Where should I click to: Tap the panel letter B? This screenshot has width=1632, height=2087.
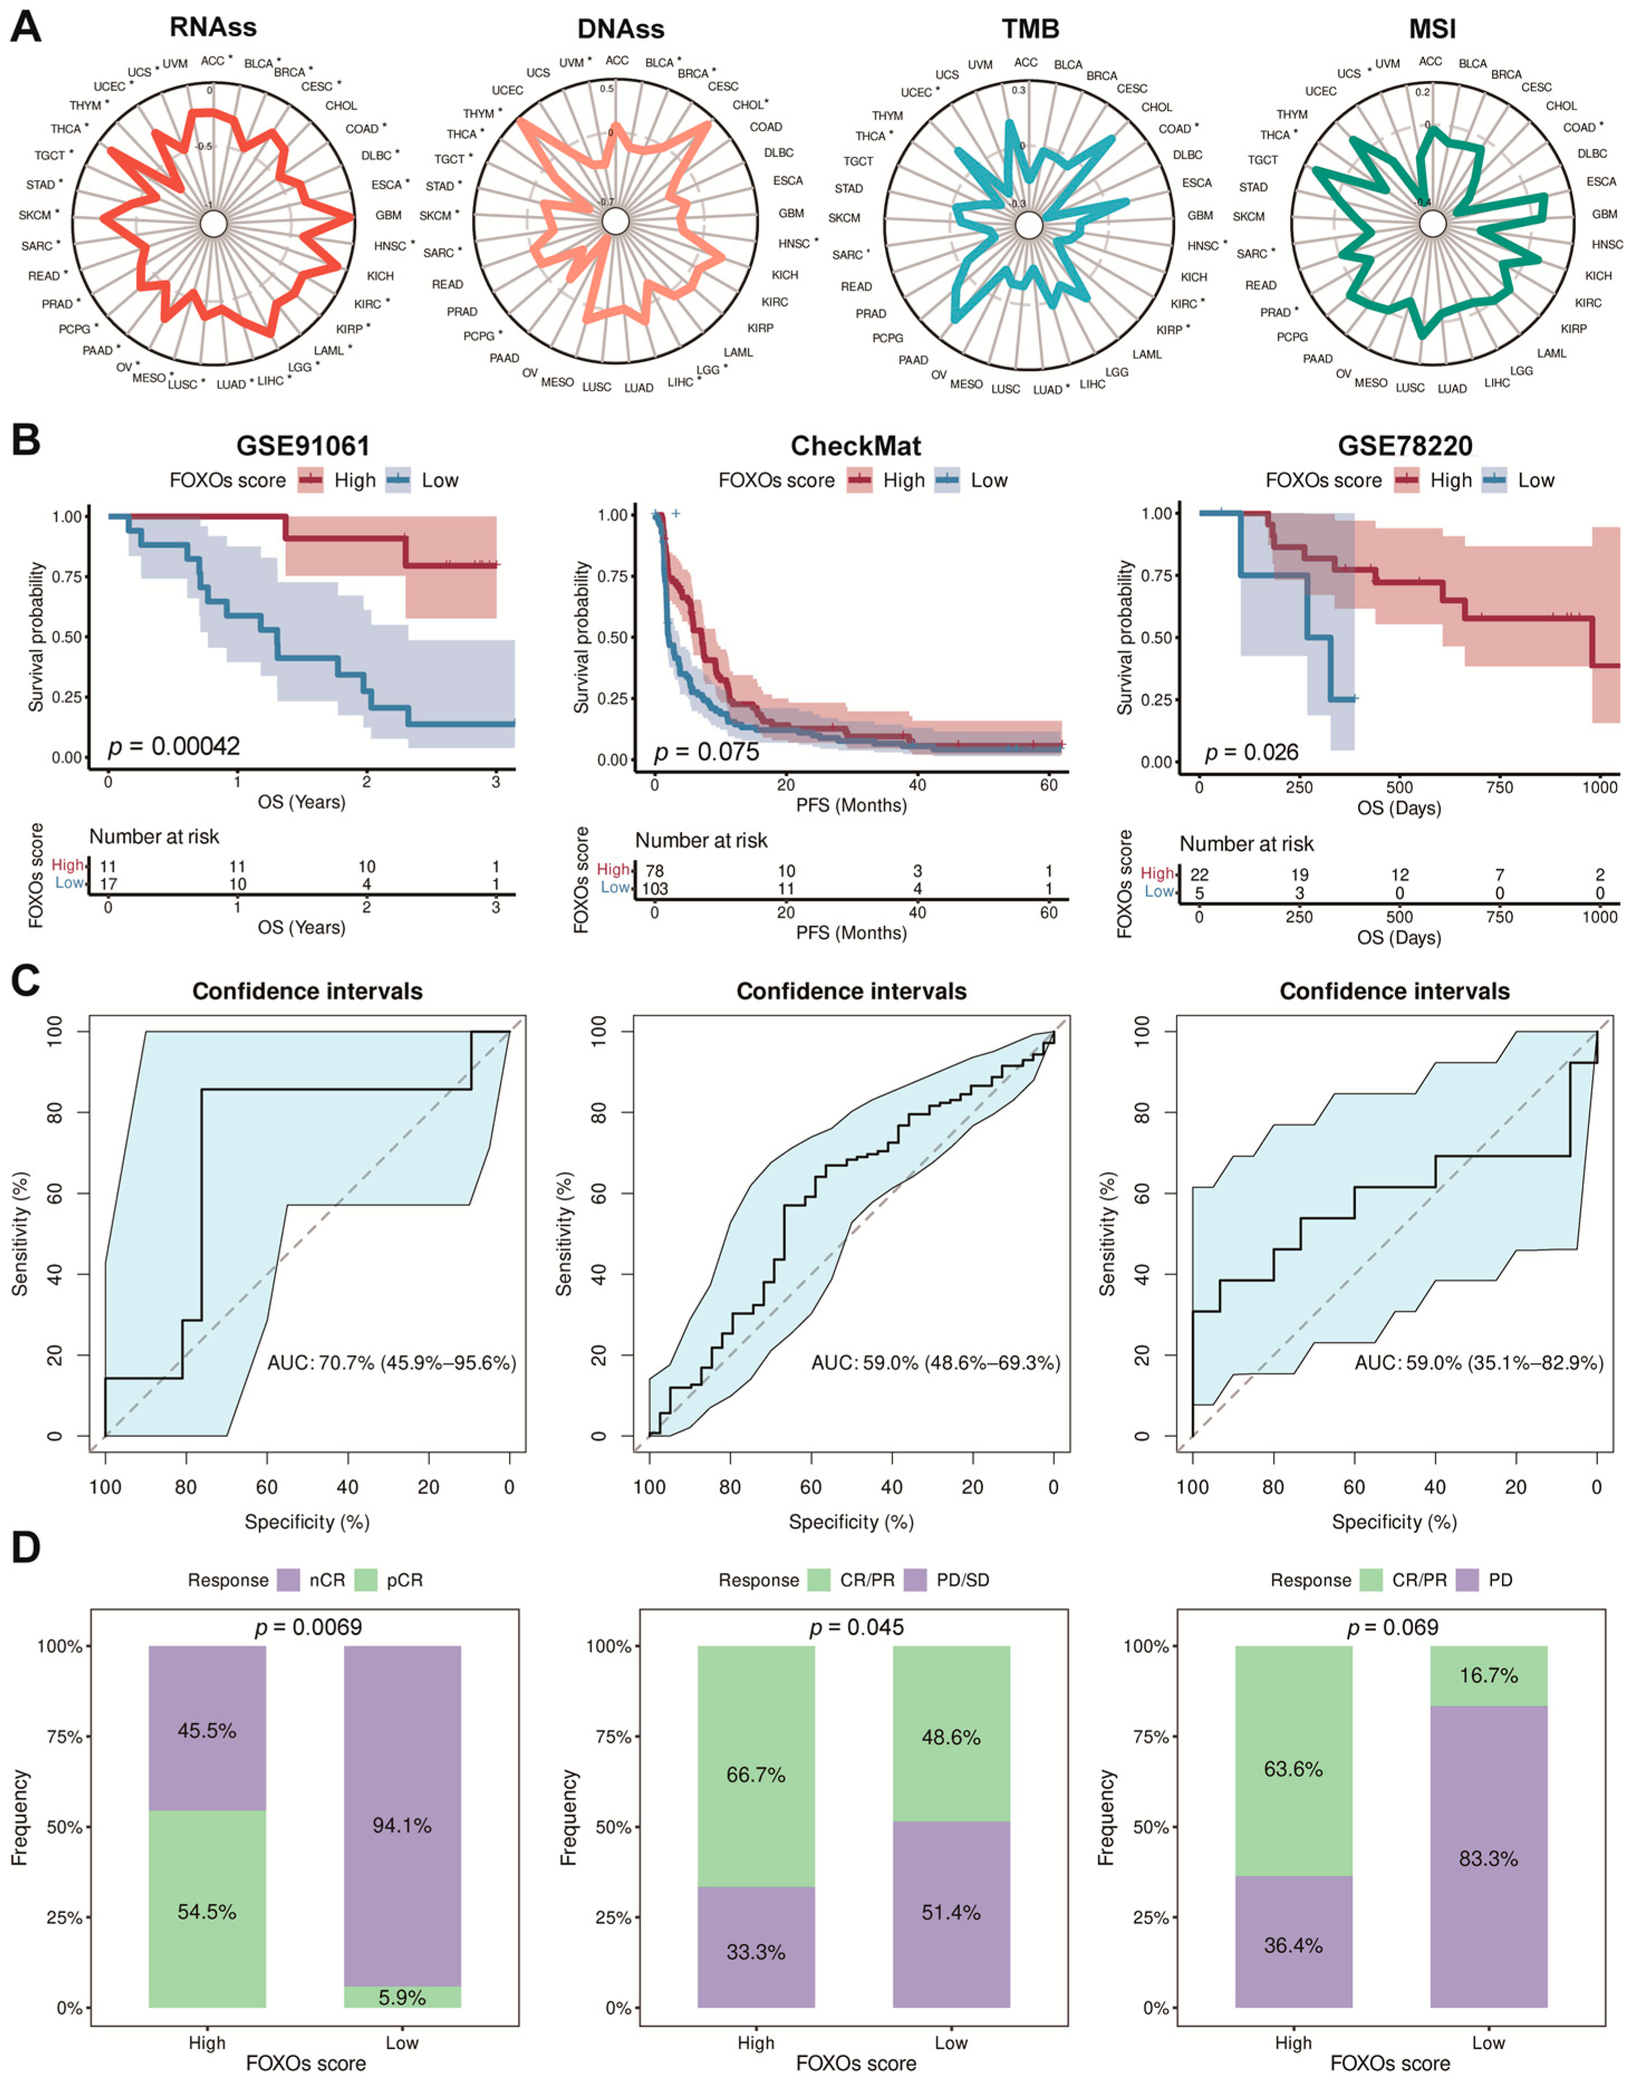coord(25,441)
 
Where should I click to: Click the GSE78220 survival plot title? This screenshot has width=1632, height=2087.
coord(1404,446)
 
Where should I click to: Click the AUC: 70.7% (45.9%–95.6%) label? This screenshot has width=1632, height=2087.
coord(392,1363)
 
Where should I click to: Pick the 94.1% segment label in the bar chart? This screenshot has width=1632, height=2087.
coord(402,1826)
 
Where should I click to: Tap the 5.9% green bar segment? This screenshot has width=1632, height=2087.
coord(402,1997)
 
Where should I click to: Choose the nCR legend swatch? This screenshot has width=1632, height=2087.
coord(288,1579)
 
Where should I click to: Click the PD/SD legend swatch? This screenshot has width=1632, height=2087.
coord(915,1579)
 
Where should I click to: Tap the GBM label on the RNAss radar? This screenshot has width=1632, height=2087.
coord(388,215)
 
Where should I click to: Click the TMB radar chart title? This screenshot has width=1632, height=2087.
coord(1030,28)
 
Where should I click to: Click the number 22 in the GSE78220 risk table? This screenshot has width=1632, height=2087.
coord(1198,874)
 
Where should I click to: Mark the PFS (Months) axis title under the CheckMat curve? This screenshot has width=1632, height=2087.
coord(851,806)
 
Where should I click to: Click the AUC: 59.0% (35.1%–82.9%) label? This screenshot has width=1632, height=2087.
coord(1478,1363)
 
